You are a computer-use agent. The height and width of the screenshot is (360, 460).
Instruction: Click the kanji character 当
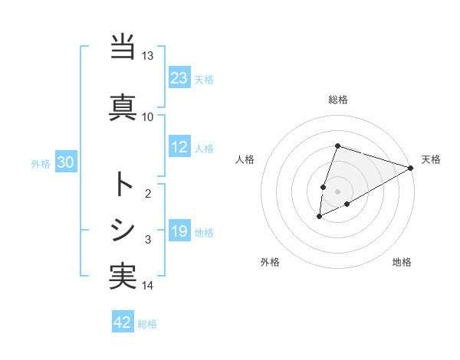pos(123,48)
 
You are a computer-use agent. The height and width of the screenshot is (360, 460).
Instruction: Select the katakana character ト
pos(123,184)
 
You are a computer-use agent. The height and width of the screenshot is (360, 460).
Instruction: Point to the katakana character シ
pos(123,231)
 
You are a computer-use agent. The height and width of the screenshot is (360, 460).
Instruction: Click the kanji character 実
pos(123,276)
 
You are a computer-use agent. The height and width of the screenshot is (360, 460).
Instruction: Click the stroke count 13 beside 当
pos(148,56)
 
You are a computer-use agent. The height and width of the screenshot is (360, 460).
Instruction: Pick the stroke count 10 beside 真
pos(148,116)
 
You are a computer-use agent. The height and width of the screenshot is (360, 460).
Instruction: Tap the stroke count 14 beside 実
pos(148,286)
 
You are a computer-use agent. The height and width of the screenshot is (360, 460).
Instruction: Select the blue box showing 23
pos(179,78)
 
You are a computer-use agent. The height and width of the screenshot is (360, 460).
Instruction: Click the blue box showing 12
pos(179,148)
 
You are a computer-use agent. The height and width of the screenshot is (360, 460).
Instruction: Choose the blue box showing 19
pos(179,232)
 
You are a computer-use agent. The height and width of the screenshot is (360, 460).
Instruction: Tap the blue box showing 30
pos(65,162)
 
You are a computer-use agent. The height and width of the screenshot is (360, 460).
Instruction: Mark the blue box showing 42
pos(123,323)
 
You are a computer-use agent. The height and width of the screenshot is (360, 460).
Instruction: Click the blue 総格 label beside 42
pos(147,324)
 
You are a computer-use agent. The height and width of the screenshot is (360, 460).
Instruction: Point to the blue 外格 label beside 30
pos(41,163)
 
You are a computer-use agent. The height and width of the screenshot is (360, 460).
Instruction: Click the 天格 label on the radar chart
pos(431,159)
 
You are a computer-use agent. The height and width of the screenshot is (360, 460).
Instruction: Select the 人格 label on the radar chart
pos(245,159)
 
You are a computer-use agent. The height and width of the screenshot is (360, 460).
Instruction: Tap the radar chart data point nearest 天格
pos(411,168)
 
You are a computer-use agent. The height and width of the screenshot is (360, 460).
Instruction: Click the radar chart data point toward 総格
pos(337,146)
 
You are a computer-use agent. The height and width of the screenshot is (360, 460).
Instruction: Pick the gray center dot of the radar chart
pos(337,191)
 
